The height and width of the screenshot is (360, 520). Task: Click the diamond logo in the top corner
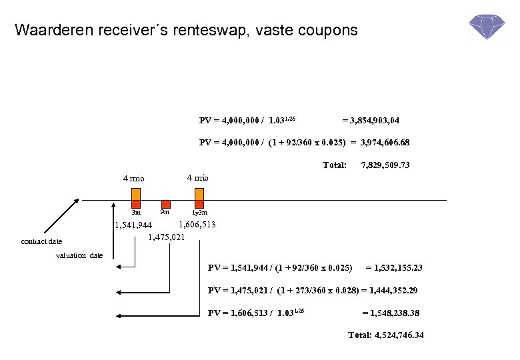486,26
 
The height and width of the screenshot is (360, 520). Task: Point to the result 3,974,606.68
385,143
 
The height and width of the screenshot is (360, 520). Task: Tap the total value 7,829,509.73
385,165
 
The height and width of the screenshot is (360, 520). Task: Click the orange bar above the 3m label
135,194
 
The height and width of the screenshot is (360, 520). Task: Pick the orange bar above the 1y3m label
199,194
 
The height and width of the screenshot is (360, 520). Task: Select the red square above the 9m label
166,204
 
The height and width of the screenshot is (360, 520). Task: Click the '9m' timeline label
165,212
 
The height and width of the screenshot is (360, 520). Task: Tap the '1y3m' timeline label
199,213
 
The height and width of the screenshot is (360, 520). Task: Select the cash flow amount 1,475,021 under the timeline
166,236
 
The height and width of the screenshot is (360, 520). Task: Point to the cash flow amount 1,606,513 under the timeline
197,225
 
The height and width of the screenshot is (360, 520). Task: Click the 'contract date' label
41,242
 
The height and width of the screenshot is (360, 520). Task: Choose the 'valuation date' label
79,255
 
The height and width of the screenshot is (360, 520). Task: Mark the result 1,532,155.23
394,268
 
